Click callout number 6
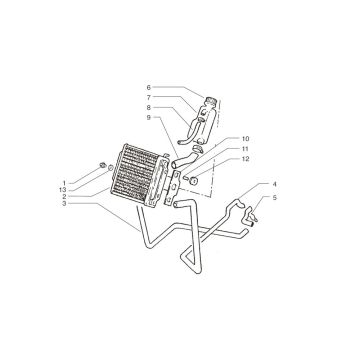(149, 87)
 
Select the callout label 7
(149, 97)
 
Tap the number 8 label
(149, 107)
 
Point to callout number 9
(149, 117)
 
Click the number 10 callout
(245, 139)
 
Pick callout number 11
(245, 149)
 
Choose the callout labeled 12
(245, 159)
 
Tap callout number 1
(64, 183)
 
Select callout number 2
(64, 197)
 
